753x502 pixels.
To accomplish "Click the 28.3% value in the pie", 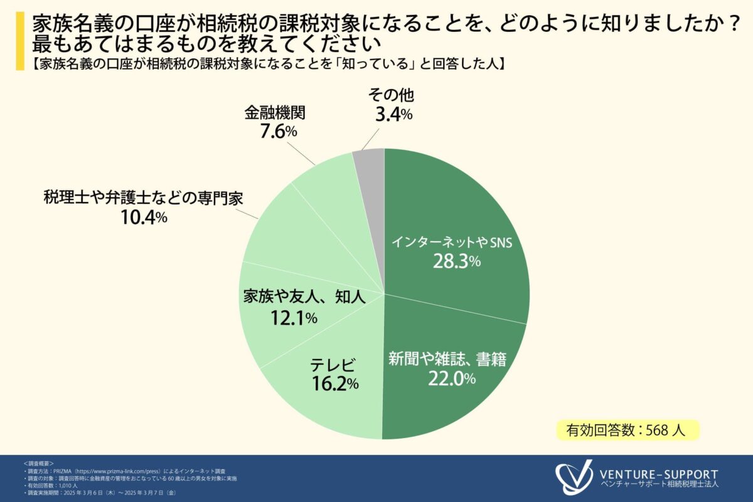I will (x=456, y=261).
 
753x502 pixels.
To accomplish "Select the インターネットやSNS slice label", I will (x=452, y=242).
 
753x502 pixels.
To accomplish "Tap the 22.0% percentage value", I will (x=452, y=378).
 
